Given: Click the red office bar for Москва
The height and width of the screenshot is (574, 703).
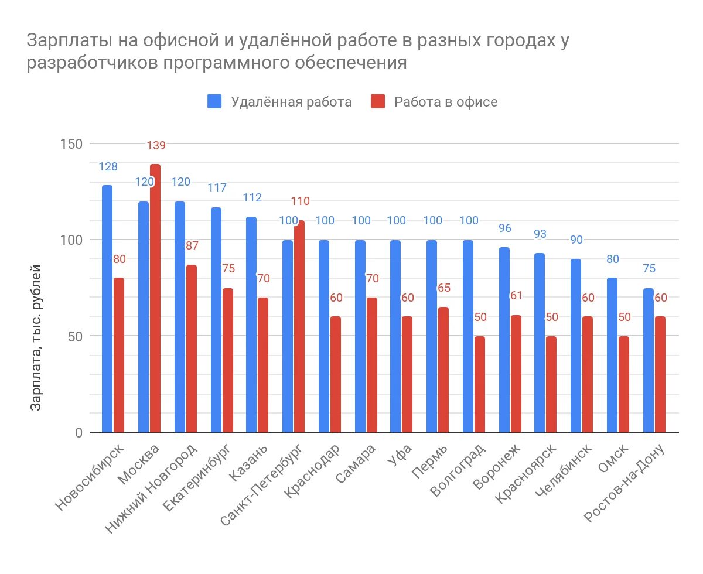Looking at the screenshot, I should tap(155, 299).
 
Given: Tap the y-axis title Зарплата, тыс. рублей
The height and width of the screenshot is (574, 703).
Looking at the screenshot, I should tap(36, 338).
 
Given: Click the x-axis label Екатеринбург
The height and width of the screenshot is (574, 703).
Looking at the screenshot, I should tap(197, 477).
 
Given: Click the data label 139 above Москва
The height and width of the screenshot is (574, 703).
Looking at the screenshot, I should tap(156, 145).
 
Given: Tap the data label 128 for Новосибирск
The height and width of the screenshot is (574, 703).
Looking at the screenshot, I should tap(108, 167).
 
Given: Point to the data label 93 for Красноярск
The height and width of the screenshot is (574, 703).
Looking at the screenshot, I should tap(540, 234).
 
